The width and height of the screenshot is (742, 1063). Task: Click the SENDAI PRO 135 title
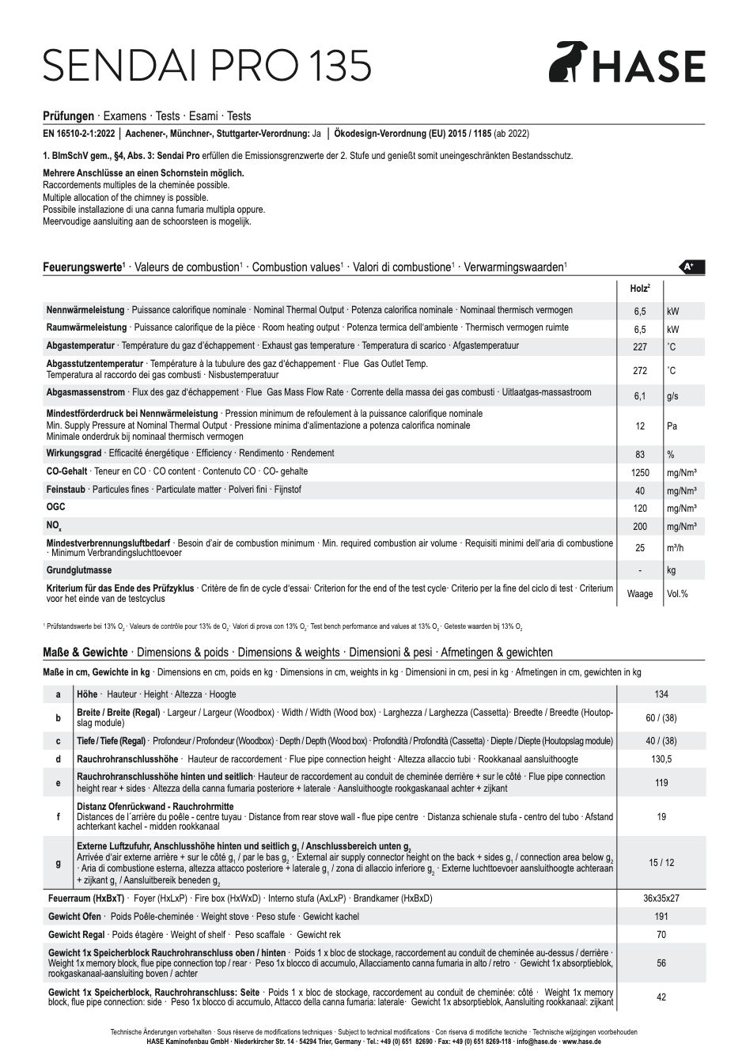pyautogui.click(x=207, y=66)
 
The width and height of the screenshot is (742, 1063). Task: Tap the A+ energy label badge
pyautogui.click(x=691, y=267)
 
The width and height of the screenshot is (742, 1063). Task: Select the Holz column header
pyautogui.click(x=639, y=289)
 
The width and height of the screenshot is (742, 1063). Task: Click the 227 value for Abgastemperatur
pyautogui.click(x=640, y=347)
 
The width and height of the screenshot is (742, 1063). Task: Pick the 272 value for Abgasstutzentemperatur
pyautogui.click(x=640, y=371)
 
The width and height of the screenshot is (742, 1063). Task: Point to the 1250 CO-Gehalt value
pyautogui.click(x=640, y=473)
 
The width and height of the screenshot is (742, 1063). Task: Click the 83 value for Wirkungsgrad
pyautogui.click(x=640, y=455)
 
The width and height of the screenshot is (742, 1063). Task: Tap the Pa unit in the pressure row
pyautogui.click(x=672, y=426)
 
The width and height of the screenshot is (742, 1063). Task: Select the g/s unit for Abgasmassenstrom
pyautogui.click(x=673, y=396)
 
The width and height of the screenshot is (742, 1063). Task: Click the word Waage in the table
pyautogui.click(x=640, y=594)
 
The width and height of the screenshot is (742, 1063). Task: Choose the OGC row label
pyautogui.click(x=56, y=507)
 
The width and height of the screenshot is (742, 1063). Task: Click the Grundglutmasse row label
pyautogui.click(x=79, y=570)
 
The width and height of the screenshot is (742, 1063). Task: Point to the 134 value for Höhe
pyautogui.click(x=661, y=694)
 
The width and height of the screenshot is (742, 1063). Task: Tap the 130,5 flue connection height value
pyautogui.click(x=661, y=759)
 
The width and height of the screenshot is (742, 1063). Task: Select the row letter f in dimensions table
pyautogui.click(x=58, y=816)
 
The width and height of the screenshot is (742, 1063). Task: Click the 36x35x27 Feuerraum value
pyautogui.click(x=661, y=898)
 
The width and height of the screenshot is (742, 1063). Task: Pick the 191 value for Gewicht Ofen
pyautogui.click(x=661, y=917)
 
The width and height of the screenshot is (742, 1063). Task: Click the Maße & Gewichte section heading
pyautogui.click(x=85, y=653)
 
